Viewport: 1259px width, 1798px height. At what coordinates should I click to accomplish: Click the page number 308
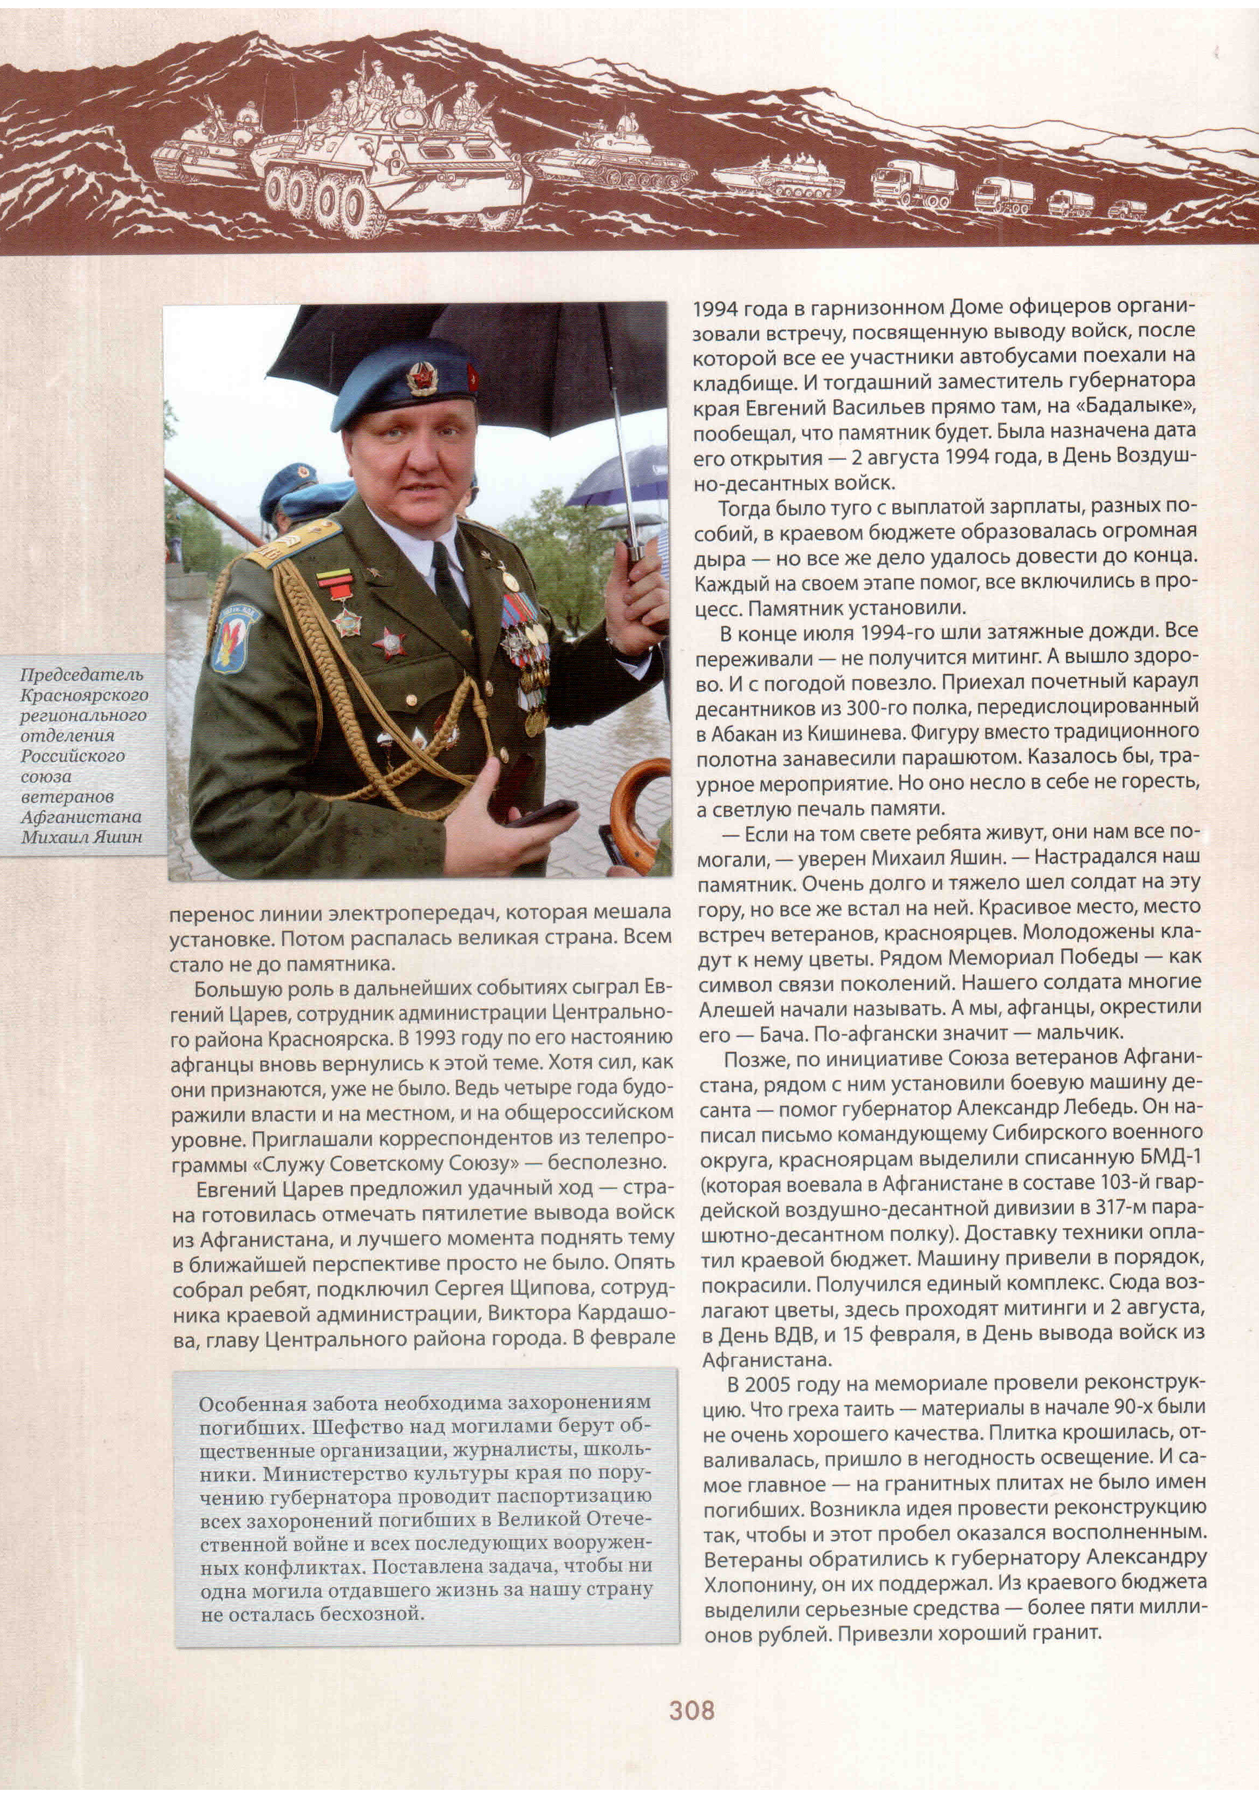point(692,1710)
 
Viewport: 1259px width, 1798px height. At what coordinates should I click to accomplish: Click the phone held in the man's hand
point(540,813)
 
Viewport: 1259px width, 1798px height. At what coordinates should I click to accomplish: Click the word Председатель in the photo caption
point(81,674)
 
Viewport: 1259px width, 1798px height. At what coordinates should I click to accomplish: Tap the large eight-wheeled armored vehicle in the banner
point(392,168)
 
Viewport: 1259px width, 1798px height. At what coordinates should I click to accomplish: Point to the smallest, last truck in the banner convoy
point(1127,210)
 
